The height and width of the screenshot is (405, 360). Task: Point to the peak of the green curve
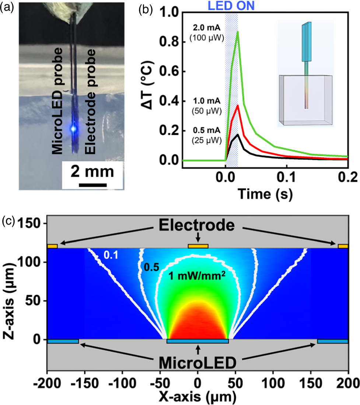click(238, 32)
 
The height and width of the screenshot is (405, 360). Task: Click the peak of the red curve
click(238, 105)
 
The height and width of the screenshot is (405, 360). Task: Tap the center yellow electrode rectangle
click(198, 246)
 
